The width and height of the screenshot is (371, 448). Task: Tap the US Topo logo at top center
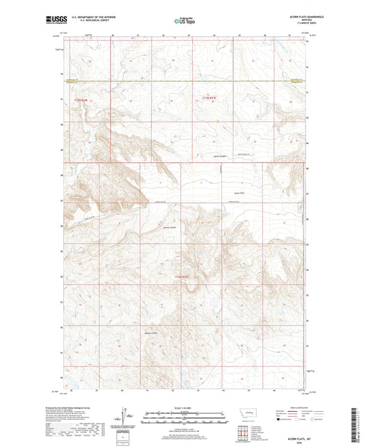point(184,22)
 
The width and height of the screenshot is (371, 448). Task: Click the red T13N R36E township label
point(81,100)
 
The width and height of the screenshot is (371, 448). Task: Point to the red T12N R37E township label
point(182,277)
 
